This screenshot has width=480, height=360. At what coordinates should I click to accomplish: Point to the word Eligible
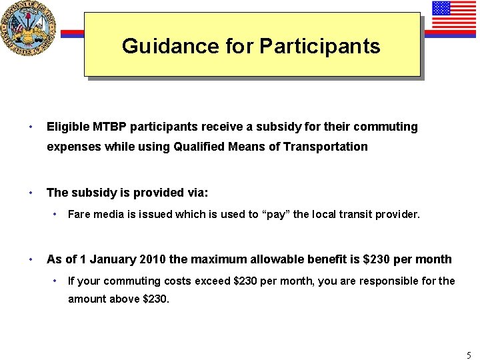[65, 126]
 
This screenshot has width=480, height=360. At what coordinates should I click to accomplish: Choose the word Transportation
[328, 147]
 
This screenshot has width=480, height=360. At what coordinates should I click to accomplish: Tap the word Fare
[79, 215]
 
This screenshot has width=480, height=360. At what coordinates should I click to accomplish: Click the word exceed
[213, 281]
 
